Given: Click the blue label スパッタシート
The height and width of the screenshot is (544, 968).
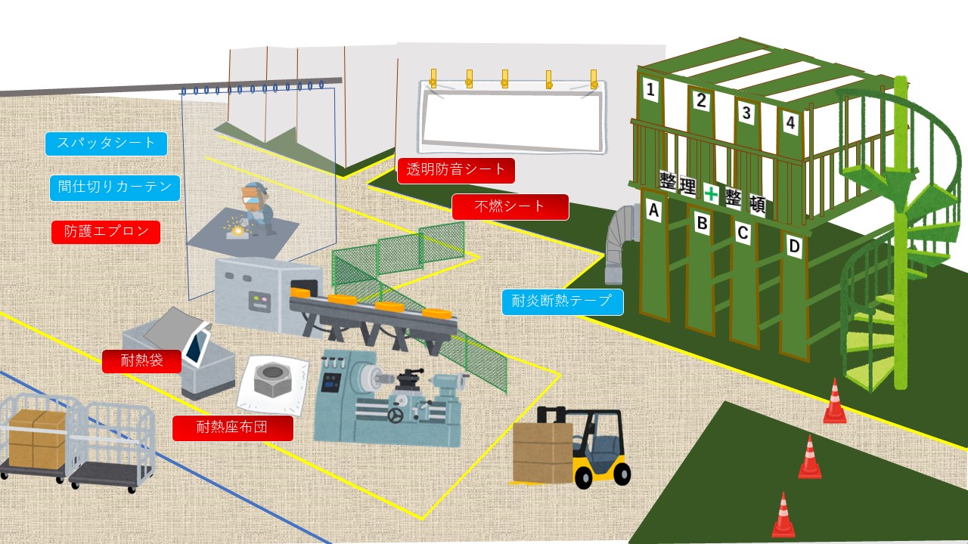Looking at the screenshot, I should pos(106,144).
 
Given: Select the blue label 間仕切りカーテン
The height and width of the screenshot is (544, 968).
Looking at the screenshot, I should pos(115,187).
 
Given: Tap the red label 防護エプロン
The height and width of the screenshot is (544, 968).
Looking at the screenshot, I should pos(106,232).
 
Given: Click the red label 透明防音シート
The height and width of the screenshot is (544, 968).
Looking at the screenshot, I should pos(456,170).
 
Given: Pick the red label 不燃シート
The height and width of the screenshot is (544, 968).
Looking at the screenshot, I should pos(510,206).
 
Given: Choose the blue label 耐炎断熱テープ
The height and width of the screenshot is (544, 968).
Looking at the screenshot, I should pos(562,301).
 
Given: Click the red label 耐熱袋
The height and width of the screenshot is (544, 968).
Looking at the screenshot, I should pos(142,361).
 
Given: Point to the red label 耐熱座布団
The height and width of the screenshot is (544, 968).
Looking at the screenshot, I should pos(232,428).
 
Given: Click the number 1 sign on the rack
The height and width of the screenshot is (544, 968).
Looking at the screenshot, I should pos(650,91).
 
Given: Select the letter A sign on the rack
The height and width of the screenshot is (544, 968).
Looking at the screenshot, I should pos(654,212).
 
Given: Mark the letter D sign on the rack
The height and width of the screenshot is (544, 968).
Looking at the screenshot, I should pos(793,246).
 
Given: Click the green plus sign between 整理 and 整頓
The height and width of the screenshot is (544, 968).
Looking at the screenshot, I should pos(711,193).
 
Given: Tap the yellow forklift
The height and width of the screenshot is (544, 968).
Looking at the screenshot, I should pos(597,450).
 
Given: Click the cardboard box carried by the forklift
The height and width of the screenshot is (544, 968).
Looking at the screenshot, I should pos(542,453).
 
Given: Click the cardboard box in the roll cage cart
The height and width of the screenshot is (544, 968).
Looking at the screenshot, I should pos(37,439).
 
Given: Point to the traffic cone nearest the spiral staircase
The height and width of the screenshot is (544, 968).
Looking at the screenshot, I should pos(834,402).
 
